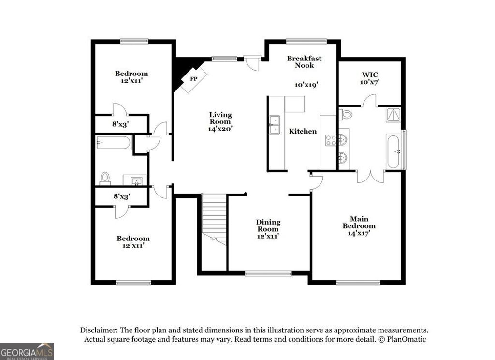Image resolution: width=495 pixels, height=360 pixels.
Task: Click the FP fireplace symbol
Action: (193, 78)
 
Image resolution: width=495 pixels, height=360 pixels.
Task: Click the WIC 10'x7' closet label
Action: (370, 78)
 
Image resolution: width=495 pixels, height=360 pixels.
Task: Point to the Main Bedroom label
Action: (359, 222)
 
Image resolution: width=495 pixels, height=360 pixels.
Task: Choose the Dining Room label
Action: (268, 225)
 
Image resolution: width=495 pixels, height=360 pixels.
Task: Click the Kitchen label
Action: (303, 131)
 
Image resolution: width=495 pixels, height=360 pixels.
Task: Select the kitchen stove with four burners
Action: (331, 140)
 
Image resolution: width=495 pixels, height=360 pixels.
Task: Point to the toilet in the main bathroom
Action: (346, 115)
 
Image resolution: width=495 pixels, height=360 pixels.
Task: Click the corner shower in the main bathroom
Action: (393, 114)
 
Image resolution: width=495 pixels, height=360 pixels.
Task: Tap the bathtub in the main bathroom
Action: (393, 151)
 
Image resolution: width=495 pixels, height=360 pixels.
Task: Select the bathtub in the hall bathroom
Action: (114, 142)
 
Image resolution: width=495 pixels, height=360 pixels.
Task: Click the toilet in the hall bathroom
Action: (105, 178)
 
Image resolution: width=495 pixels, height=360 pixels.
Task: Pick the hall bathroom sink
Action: (137, 180)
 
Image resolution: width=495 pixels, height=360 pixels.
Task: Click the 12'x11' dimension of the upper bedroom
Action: (131, 81)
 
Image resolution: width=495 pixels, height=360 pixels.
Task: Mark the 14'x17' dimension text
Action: (359, 233)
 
